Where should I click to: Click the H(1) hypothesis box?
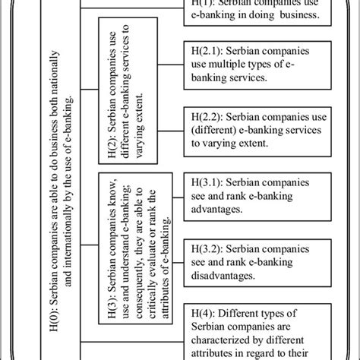pos(254,14)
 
